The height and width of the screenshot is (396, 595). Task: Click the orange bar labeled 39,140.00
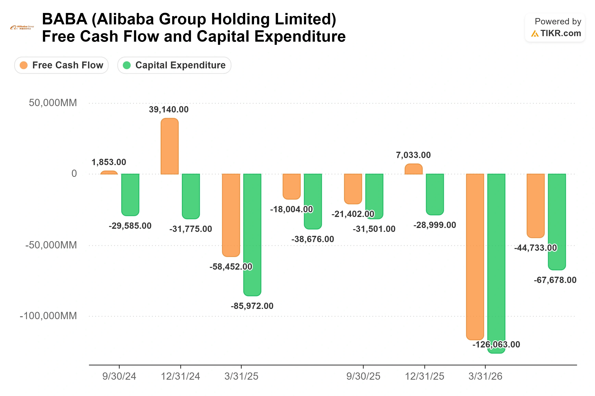pos(169,146)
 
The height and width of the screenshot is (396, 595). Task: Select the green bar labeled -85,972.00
pos(252,235)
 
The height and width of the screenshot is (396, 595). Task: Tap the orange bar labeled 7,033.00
pos(414,169)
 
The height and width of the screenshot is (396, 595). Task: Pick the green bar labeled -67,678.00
pos(557,222)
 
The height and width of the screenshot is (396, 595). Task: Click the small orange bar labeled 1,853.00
pos(109,173)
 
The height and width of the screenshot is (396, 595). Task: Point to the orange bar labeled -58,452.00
pos(231,215)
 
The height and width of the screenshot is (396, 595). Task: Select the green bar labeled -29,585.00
pos(130,195)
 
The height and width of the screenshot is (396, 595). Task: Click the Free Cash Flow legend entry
pos(61,65)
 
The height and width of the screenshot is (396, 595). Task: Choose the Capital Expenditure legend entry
pos(174,65)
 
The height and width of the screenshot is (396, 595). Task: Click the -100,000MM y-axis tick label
pos(48,316)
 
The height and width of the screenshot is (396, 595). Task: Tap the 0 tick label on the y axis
pos(74,174)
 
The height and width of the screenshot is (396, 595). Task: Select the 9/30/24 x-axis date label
pos(119,376)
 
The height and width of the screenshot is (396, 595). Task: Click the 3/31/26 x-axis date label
pos(485,376)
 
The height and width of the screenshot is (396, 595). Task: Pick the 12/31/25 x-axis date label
pos(425,376)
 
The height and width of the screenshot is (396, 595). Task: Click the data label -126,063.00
pos(496,345)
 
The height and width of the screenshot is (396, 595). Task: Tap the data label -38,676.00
pos(313,239)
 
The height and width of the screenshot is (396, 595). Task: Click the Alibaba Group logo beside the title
pos(22,28)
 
